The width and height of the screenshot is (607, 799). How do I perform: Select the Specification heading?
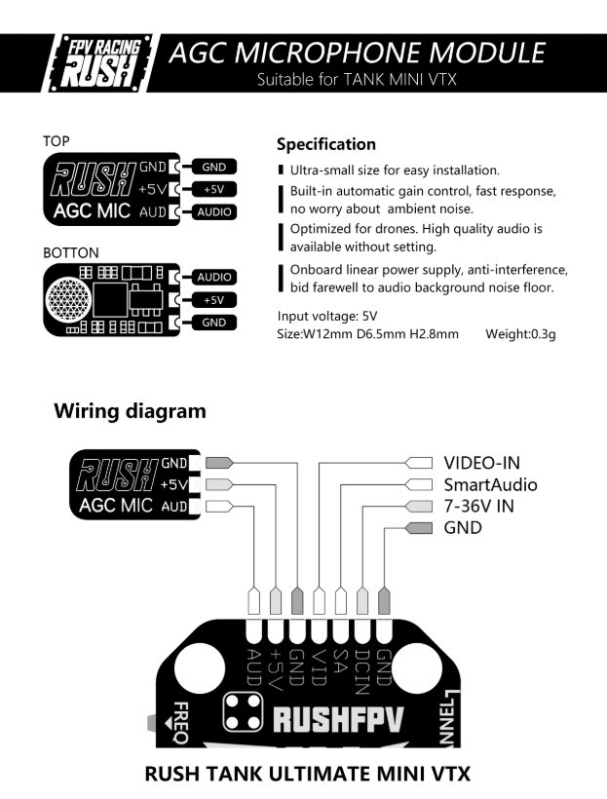326,144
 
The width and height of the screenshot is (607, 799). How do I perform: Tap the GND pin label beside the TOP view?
214,168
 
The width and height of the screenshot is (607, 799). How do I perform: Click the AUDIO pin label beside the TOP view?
214,211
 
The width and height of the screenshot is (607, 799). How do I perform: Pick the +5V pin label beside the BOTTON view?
214,300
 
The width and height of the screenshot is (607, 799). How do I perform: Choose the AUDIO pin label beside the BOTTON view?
214,277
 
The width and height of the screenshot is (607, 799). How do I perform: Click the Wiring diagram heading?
130,410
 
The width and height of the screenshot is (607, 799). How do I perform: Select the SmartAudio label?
490,484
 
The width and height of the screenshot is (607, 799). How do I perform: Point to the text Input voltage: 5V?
327,316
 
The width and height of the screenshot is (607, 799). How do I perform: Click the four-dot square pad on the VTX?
244,712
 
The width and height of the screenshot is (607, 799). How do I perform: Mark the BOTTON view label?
71,252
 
